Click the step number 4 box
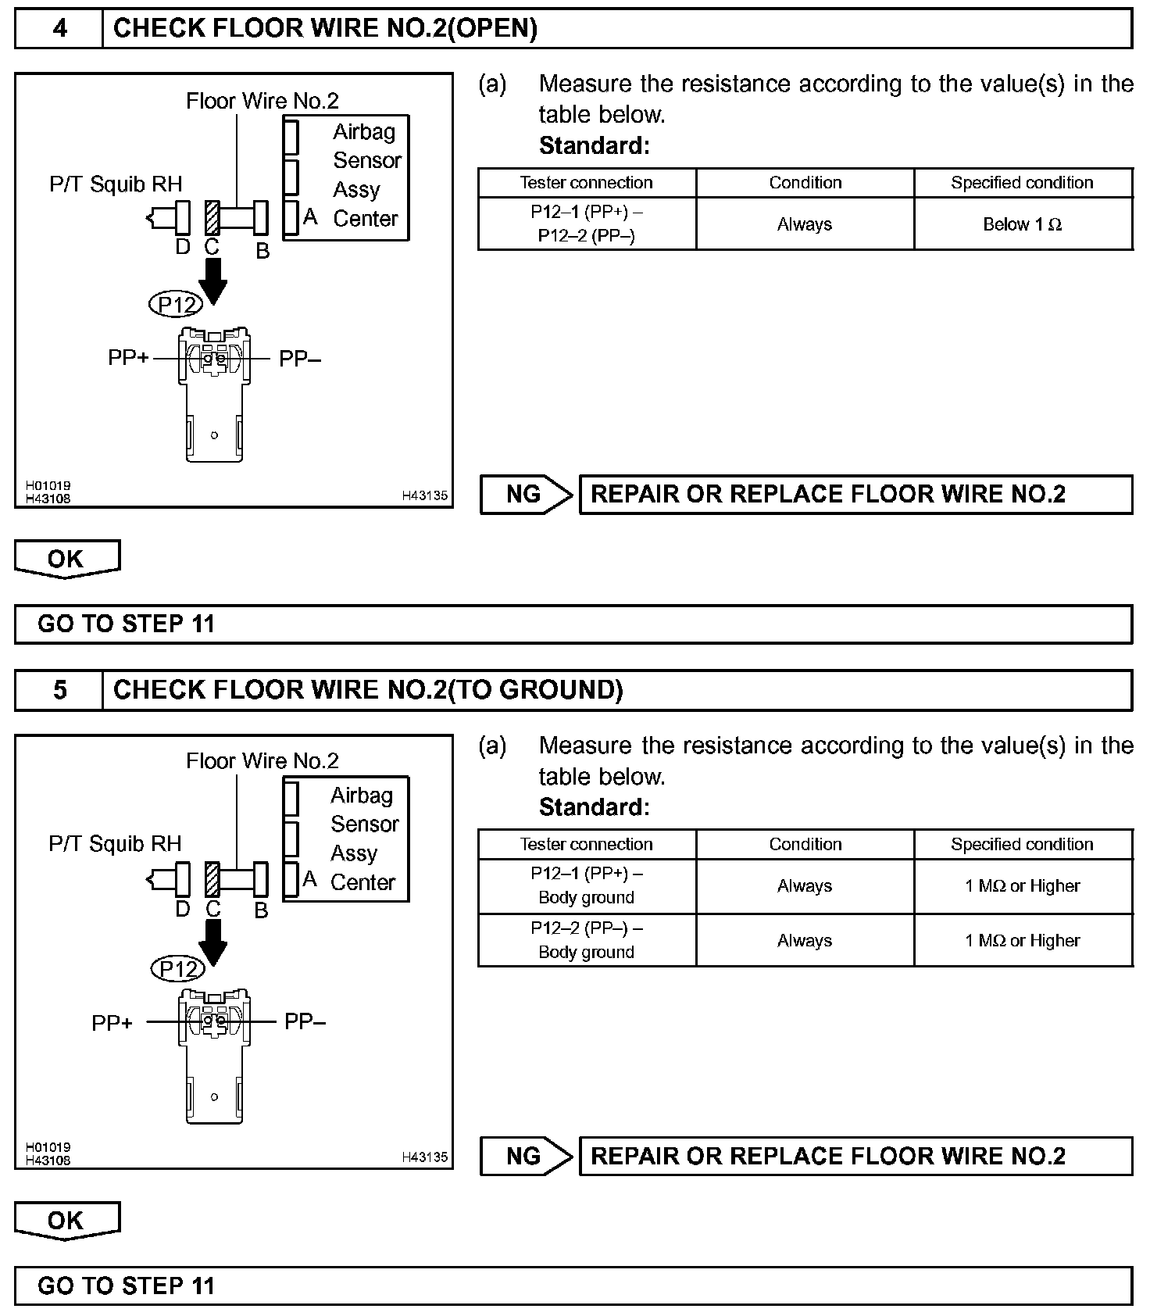point(59,29)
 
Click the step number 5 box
point(59,690)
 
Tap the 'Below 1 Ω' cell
point(1023,224)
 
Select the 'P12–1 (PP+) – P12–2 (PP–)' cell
point(587,224)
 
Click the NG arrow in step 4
point(526,495)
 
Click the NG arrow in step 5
point(526,1157)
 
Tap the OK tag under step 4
point(66,559)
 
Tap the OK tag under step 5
point(66,1221)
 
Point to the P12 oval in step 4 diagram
point(176,304)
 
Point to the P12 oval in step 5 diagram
point(178,969)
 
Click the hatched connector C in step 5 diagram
point(212,879)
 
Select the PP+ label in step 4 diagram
point(128,358)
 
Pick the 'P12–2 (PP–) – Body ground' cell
point(587,940)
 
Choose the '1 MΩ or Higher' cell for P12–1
point(1023,886)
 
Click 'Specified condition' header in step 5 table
point(1023,844)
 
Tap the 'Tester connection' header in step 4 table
point(587,182)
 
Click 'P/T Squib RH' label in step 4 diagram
point(116,184)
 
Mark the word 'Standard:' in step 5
point(594,807)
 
